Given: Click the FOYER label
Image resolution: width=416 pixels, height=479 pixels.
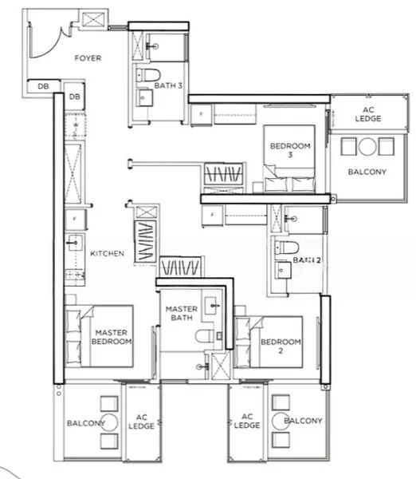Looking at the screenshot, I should (88, 58).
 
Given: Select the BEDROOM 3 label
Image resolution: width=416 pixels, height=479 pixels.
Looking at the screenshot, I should (289, 151).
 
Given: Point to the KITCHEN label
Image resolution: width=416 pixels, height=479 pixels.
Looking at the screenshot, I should (107, 254).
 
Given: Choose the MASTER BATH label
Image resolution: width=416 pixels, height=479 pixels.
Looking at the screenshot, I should (182, 314).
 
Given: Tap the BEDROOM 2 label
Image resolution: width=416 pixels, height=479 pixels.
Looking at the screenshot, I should (281, 346).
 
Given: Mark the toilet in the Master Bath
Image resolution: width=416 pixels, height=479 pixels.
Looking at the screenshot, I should (206, 336).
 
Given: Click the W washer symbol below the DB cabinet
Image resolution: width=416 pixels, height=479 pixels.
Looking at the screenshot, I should (75, 125).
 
